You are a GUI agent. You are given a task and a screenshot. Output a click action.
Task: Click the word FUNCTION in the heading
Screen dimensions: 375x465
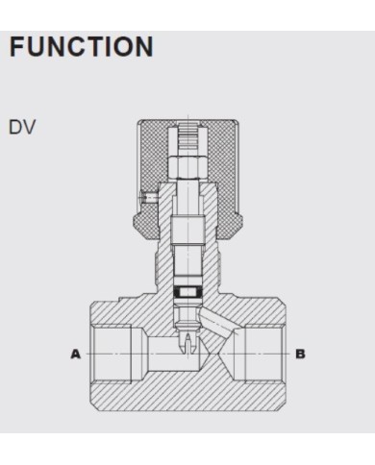click(x=82, y=47)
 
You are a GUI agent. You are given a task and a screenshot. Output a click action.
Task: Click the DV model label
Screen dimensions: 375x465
click(x=22, y=127)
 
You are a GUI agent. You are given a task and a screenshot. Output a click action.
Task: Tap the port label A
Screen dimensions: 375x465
click(x=75, y=355)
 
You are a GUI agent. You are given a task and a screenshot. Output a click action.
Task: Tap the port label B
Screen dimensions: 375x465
click(x=300, y=355)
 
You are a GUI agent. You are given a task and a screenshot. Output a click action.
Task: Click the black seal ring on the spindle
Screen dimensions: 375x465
click(x=187, y=292)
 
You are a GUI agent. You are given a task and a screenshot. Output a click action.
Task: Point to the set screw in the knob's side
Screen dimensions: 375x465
click(x=148, y=198)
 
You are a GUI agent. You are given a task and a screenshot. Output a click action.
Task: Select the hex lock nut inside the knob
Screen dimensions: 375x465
click(x=187, y=167)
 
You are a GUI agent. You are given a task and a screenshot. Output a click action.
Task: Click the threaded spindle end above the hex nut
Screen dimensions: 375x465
click(x=187, y=137)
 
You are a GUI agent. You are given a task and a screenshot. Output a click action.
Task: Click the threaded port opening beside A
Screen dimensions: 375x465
click(x=111, y=355)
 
